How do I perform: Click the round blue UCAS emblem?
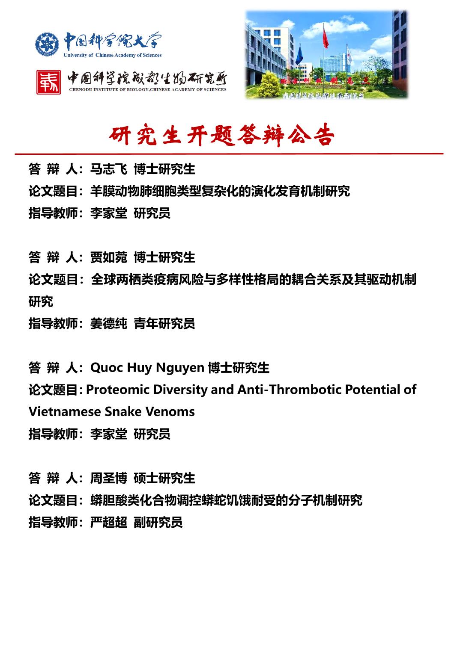47,44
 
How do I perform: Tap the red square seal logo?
48,82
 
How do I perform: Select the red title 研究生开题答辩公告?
221,136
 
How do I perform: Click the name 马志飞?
108,169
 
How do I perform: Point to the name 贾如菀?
108,257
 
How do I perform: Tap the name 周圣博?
108,478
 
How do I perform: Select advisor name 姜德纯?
108,324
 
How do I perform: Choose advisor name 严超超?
108,522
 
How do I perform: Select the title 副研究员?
158,522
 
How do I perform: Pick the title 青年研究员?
164,324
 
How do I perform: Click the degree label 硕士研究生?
164,478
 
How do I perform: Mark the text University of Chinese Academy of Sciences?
113,55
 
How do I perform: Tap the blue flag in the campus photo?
299,56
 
